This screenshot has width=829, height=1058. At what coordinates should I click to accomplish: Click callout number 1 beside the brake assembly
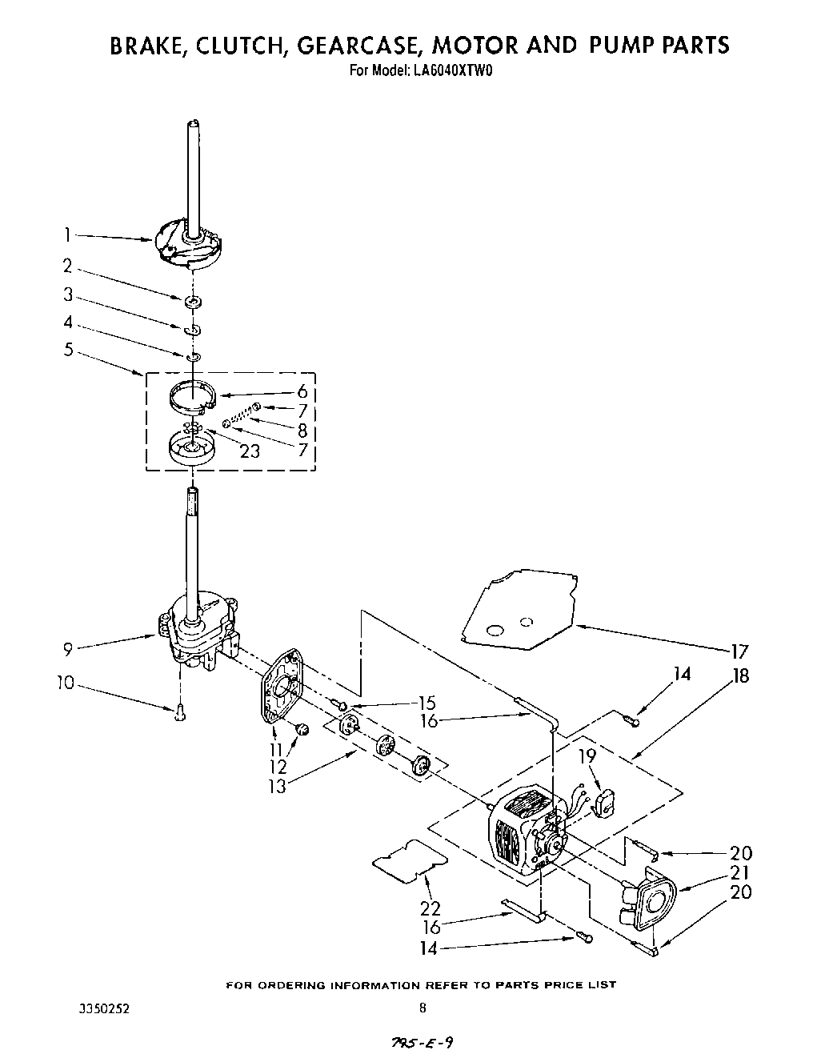tap(69, 235)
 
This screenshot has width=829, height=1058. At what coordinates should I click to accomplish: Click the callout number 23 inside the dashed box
tap(250, 451)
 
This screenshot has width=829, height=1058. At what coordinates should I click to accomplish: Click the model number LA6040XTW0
tap(453, 70)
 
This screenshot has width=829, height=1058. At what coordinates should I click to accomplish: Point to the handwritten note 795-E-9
tap(425, 1042)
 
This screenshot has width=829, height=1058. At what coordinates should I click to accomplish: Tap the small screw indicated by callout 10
tap(179, 712)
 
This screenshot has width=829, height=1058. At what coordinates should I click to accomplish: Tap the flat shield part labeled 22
tap(408, 860)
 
